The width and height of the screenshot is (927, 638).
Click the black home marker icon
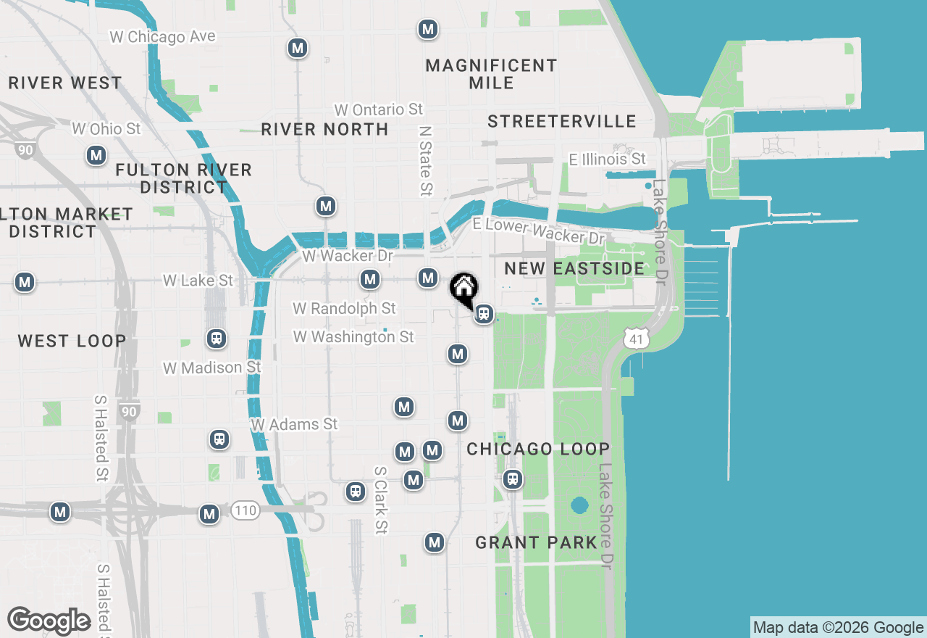pos(463,289)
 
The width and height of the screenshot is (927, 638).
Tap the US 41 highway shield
pos(635,337)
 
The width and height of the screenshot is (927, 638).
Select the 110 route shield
pos(246,510)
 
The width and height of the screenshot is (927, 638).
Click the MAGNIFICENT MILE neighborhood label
pos(491,74)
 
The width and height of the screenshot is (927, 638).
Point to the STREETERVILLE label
pos(562,121)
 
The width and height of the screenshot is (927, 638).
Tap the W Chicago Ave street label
pos(162,36)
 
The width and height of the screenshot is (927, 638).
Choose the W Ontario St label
pos(378,109)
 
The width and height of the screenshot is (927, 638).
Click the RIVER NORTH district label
pos(324,129)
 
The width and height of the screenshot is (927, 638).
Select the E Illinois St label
pos(607,159)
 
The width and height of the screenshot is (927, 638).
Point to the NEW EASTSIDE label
pos(574,268)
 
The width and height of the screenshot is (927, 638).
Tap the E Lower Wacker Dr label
pos(538,231)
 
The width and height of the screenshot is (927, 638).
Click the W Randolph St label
pos(344,308)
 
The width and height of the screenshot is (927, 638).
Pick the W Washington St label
pos(353,336)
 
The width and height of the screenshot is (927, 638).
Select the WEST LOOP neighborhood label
pos(72,341)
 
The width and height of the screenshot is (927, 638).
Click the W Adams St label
pos(294,423)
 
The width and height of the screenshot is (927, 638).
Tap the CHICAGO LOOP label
pos(538,449)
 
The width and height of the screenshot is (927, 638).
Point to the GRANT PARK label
pos(537,542)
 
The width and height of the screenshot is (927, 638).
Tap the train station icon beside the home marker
pos(484,314)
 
